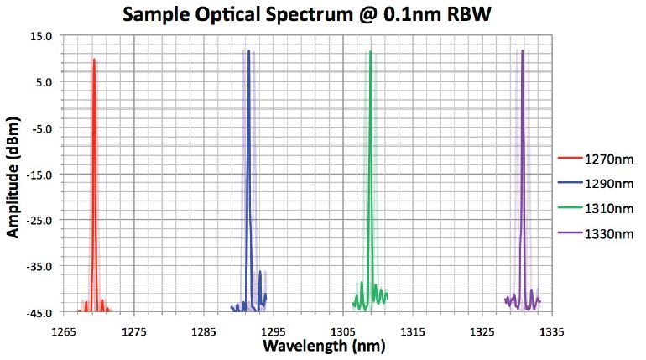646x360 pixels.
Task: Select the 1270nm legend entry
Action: pos(597,157)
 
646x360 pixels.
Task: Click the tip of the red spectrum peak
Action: pos(94,60)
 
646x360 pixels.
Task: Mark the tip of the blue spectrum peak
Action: pos(248,50)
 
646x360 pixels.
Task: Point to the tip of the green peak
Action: pos(370,51)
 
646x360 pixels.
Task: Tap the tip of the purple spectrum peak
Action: pos(522,50)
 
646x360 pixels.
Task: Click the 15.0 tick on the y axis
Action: pos(41,36)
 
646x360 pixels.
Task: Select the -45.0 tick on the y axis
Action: pos(39,313)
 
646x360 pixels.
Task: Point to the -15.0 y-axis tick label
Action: pos(39,175)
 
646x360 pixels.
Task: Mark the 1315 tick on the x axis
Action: pos(412,329)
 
